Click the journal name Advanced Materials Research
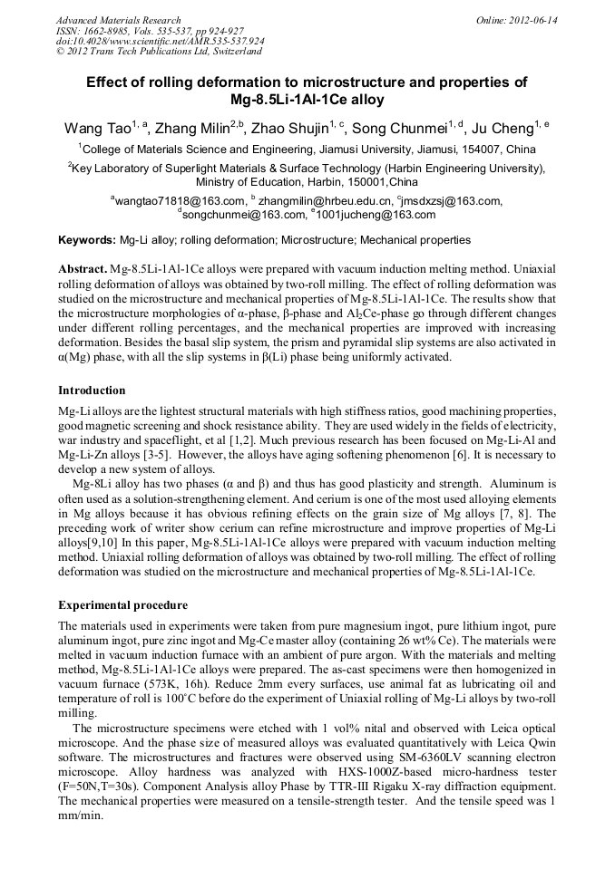point(118,20)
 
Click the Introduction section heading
point(92,391)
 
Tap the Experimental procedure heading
point(122,605)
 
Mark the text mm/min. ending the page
point(80,816)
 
